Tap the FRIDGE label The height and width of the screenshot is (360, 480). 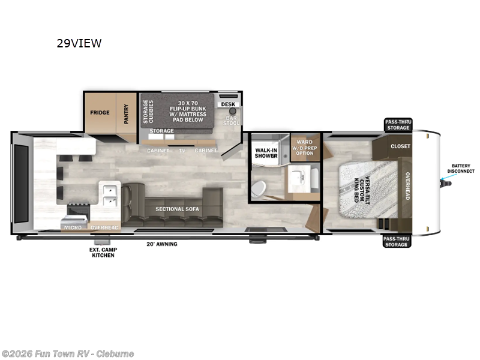100,113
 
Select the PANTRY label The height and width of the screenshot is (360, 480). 127,113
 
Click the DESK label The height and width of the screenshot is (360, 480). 228,104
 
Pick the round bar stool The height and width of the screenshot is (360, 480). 232,111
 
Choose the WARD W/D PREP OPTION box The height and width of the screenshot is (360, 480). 305,148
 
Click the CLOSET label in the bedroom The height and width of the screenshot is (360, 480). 400,146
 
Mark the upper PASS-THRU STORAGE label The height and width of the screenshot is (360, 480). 397,125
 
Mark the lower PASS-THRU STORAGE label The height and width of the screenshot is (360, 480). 397,241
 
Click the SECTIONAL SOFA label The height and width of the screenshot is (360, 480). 177,209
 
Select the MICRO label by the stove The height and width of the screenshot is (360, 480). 73,227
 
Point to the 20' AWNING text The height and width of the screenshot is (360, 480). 162,244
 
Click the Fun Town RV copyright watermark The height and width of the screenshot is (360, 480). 68,353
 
